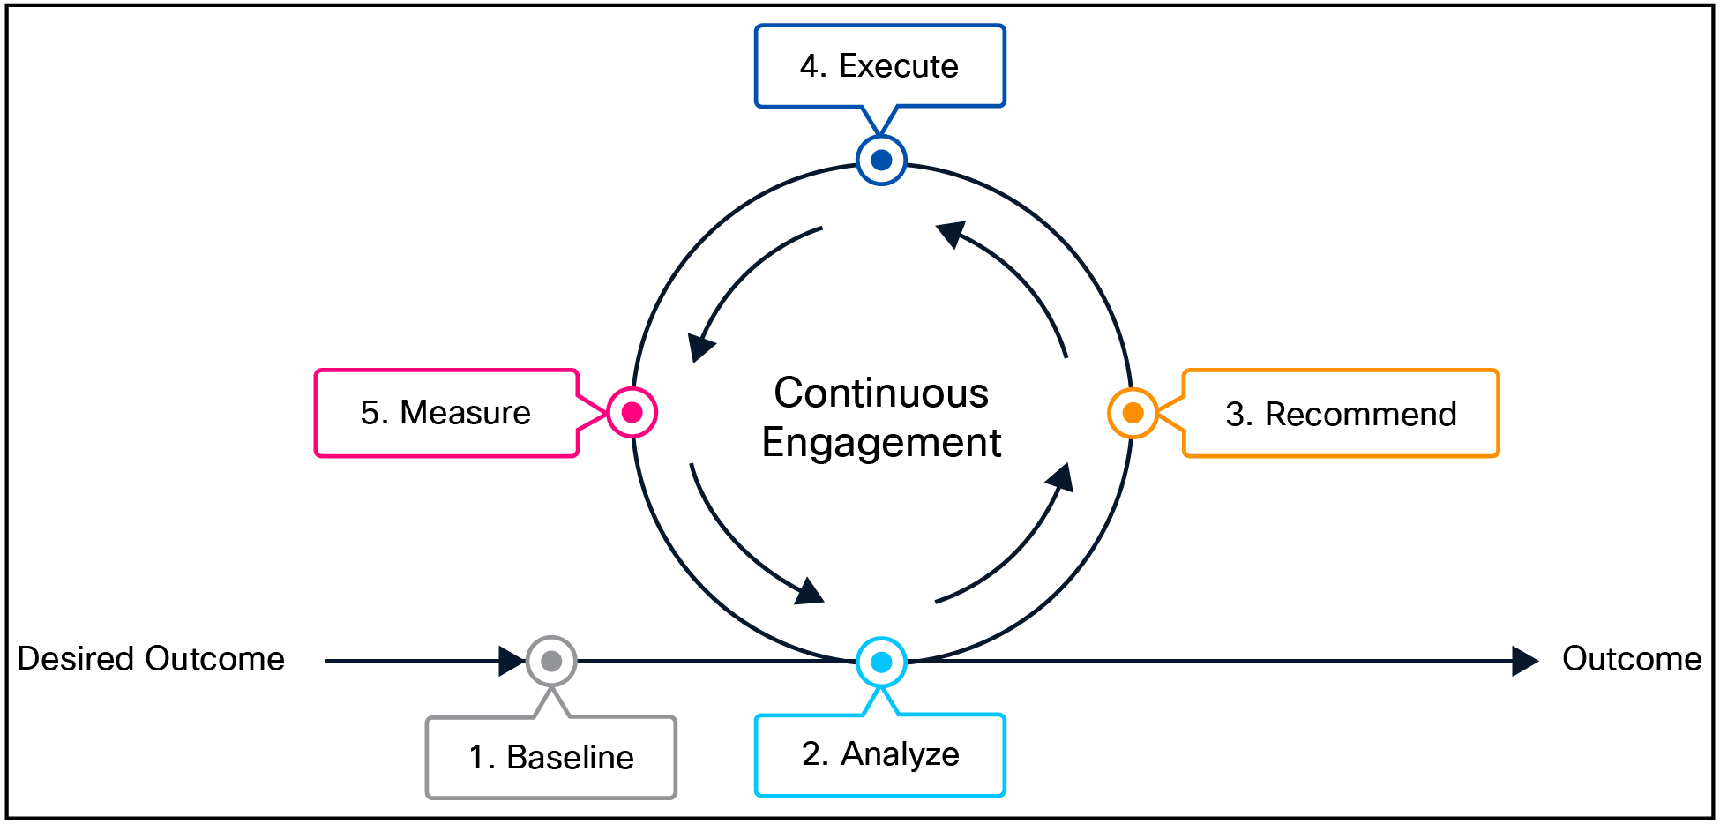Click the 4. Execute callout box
[879, 66]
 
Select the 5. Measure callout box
[446, 413]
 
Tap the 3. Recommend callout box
[1340, 414]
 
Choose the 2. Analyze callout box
[879, 754]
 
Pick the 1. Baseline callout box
[551, 757]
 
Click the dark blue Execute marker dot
[881, 161]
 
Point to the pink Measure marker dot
[632, 412]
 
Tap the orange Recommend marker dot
[1133, 412]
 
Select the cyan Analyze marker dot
[881, 662]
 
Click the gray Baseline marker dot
[551, 661]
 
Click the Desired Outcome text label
[151, 659]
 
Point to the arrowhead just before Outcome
[1524, 660]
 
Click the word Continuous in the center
[881, 393]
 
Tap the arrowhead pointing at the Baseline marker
[512, 660]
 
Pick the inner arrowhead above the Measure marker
[700, 348]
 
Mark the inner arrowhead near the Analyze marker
[810, 591]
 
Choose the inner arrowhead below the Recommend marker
[1060, 478]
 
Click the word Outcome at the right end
[1632, 659]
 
